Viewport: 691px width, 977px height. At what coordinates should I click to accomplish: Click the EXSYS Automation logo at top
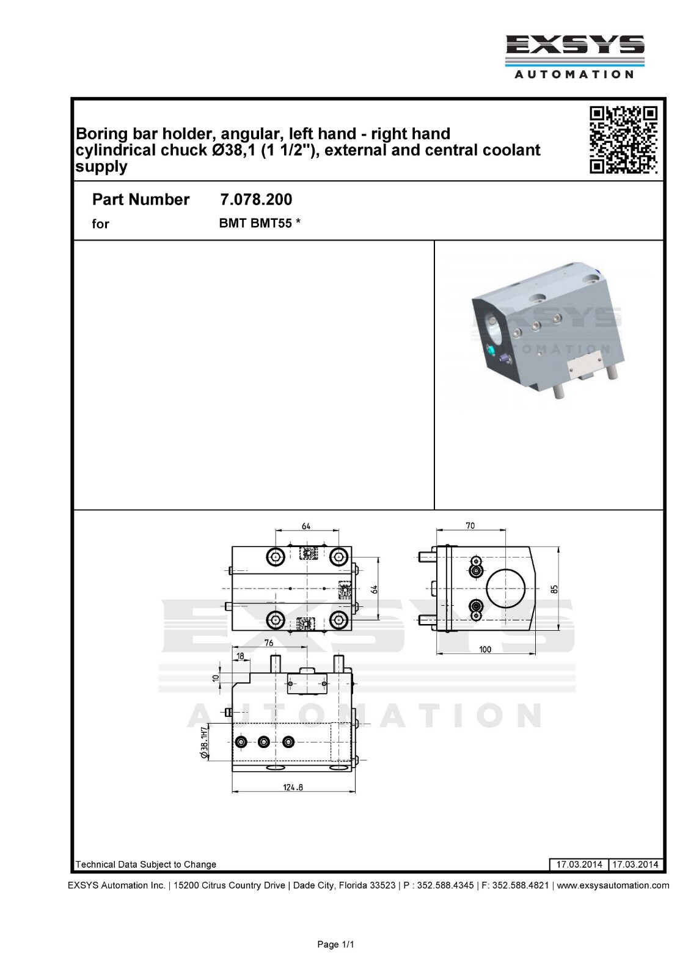click(x=574, y=56)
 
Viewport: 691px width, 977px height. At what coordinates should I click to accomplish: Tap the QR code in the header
click(x=624, y=140)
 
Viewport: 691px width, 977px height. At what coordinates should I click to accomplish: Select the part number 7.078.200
click(x=255, y=200)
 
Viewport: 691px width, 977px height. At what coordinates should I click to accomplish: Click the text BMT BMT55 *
click(x=260, y=223)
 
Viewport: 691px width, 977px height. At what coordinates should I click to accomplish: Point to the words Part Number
click(x=141, y=200)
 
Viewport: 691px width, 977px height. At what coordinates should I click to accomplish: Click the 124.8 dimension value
click(x=293, y=787)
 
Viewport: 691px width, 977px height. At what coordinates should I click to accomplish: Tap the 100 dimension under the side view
click(x=485, y=649)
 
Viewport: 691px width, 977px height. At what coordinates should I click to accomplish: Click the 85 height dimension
click(x=554, y=589)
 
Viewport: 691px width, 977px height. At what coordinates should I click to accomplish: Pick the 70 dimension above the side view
click(x=470, y=526)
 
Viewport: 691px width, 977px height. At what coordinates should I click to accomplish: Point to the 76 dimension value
click(x=269, y=643)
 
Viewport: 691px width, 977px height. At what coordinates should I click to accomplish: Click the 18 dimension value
click(x=239, y=656)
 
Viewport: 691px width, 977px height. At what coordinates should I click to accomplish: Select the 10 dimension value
click(x=215, y=678)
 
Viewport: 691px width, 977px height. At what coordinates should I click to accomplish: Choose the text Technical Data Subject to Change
click(x=145, y=864)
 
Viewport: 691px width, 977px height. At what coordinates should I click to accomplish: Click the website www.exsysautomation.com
click(x=613, y=885)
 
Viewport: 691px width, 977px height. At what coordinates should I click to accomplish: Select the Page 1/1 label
click(x=335, y=945)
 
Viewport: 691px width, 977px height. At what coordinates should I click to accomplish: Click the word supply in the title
click(x=101, y=167)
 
